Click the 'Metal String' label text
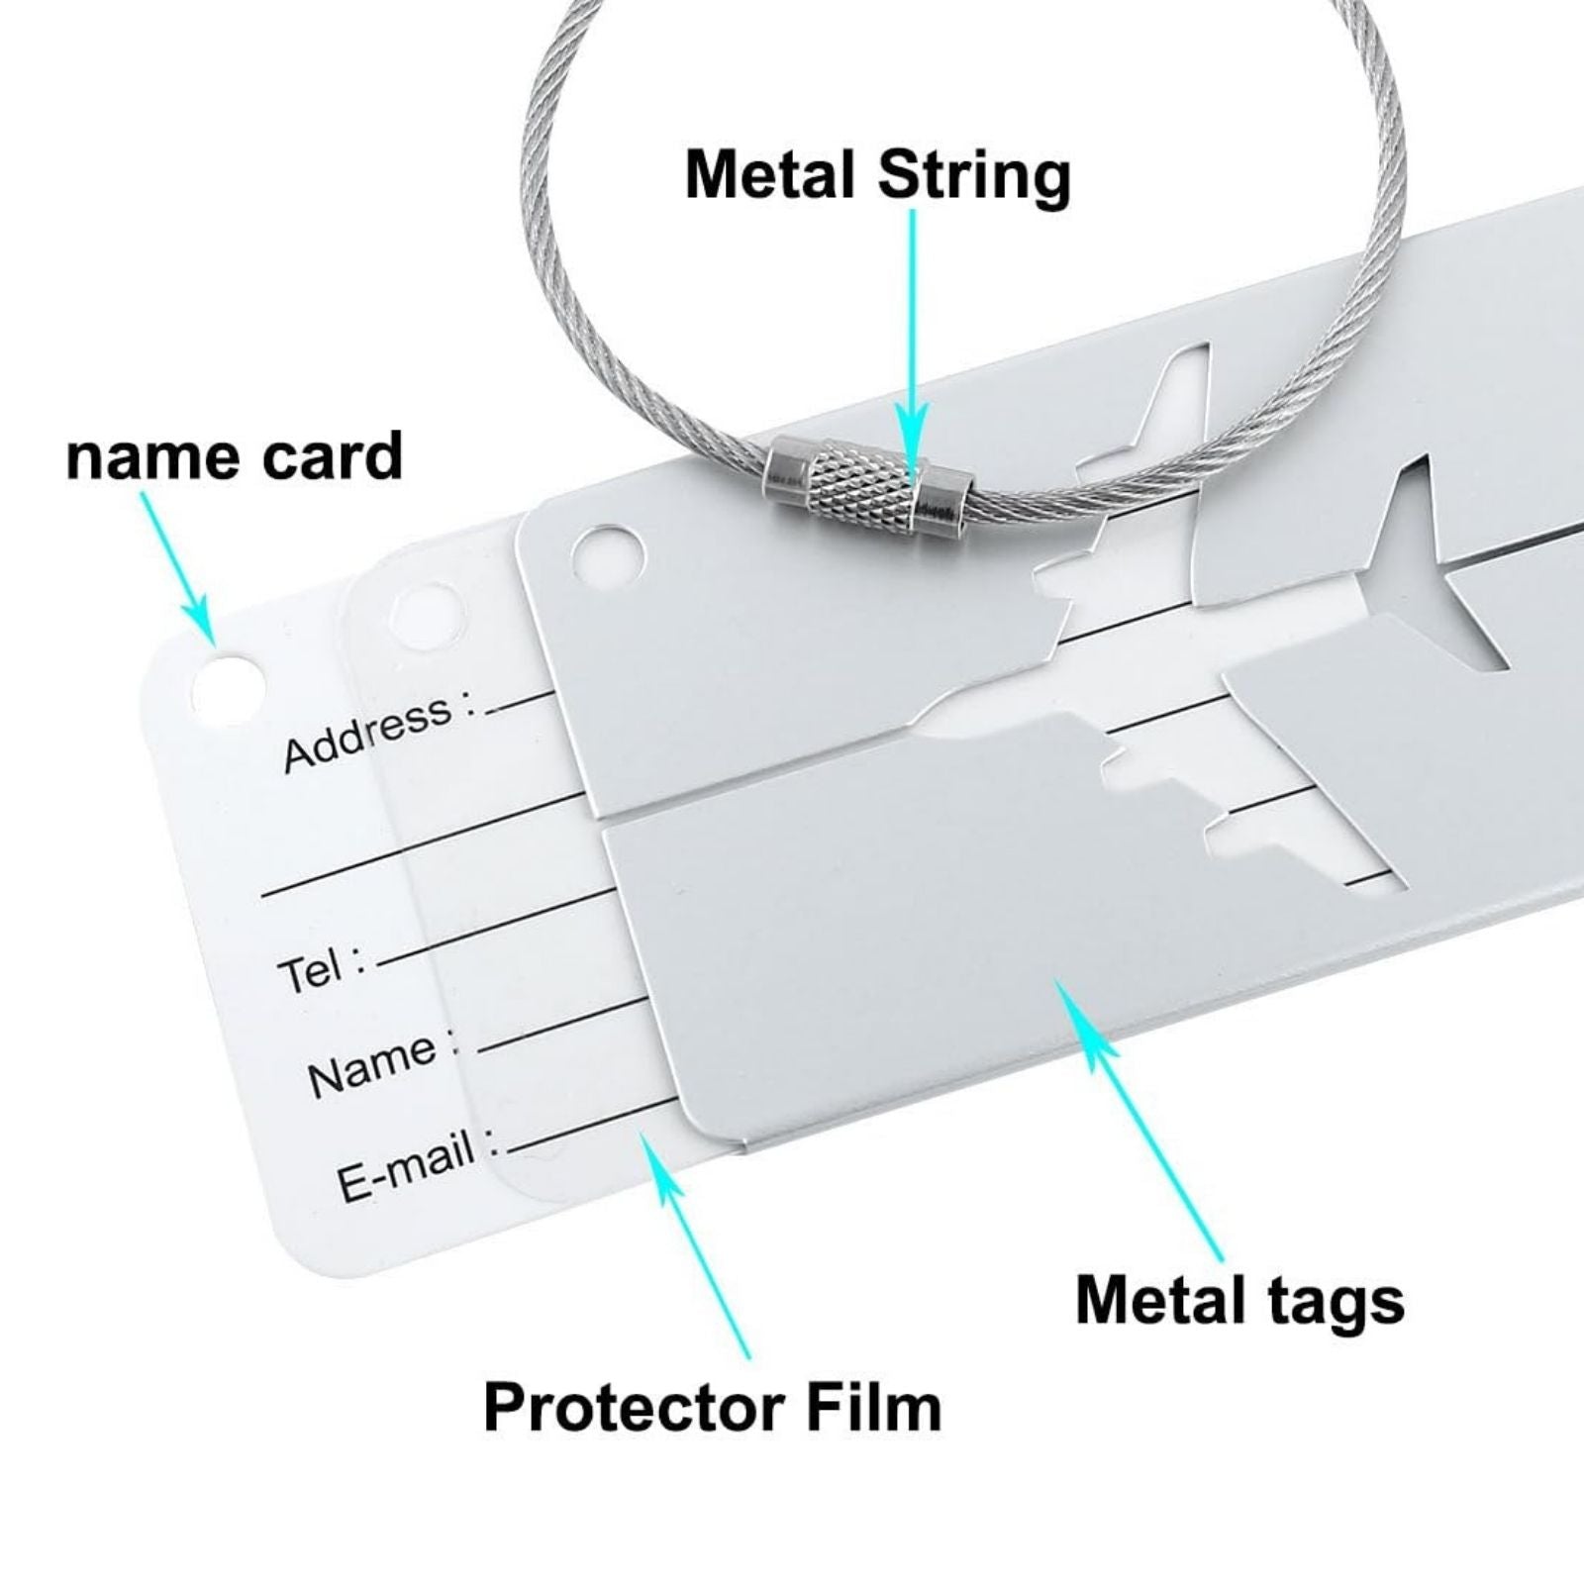(877, 176)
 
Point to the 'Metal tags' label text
(1239, 1299)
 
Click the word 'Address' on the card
(366, 733)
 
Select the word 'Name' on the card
(372, 1064)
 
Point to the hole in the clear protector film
(428, 614)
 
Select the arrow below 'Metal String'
(912, 327)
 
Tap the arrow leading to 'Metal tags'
(1148, 1119)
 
